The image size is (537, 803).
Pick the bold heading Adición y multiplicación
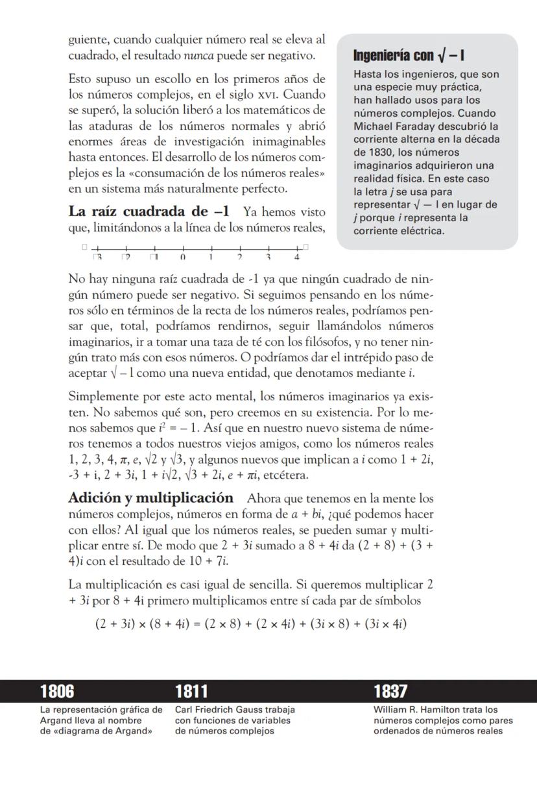(150, 498)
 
